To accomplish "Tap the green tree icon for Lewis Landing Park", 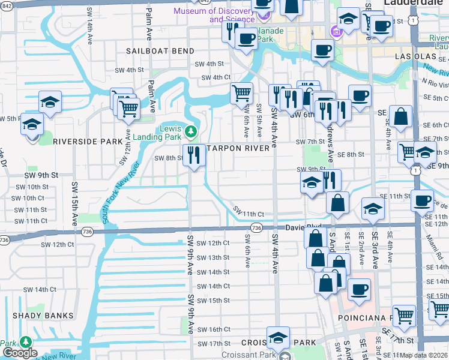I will (191, 130).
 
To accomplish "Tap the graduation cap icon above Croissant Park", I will (278, 337).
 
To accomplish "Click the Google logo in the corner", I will (19, 353).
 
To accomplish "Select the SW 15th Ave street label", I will (74, 195).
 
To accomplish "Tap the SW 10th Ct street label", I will (28, 198).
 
